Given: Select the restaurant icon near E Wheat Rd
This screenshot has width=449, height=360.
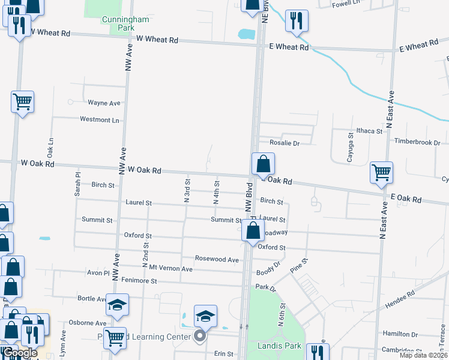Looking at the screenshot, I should [x=297, y=22].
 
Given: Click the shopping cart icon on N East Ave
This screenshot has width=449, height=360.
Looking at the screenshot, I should [x=381, y=173].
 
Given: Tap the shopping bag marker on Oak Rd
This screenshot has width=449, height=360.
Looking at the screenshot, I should [x=263, y=164].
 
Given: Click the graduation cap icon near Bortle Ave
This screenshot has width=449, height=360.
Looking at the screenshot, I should [x=118, y=305].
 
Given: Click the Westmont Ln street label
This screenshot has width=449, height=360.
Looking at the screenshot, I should [x=100, y=119].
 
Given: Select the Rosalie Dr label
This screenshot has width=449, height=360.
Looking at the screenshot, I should [x=284, y=143].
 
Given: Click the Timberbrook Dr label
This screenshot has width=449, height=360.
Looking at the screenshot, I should [x=417, y=142].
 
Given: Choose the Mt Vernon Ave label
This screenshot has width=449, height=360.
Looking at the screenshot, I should [x=170, y=268].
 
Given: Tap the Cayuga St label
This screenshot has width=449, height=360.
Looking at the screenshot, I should [x=351, y=145].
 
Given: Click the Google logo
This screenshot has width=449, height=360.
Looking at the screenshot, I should [x=19, y=353].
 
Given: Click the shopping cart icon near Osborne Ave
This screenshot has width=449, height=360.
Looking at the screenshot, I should [x=115, y=337].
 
